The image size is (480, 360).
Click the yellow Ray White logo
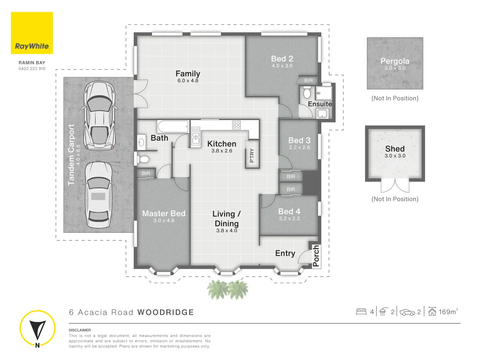tap(32, 33)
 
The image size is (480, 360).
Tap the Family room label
tap(188, 74)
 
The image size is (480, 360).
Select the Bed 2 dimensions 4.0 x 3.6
tap(282, 66)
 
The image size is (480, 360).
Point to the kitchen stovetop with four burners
tap(236, 125)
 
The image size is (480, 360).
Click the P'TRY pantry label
tap(252, 155)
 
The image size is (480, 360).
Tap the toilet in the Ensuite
tap(307, 92)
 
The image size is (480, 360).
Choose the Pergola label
tap(395, 61)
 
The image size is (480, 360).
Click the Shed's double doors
tap(395, 185)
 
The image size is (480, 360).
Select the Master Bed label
tap(164, 213)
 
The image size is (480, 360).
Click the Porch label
tap(316, 256)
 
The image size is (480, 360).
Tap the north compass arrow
tap(37, 329)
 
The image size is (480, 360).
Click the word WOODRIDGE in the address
tap(166, 312)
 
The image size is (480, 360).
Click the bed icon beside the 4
tap(361, 312)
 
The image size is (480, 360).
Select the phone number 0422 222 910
tap(32, 69)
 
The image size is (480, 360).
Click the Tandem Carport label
tap(71, 155)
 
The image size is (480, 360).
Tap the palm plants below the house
tap(228, 289)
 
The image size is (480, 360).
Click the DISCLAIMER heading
tap(80, 330)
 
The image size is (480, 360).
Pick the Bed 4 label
tap(289, 211)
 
